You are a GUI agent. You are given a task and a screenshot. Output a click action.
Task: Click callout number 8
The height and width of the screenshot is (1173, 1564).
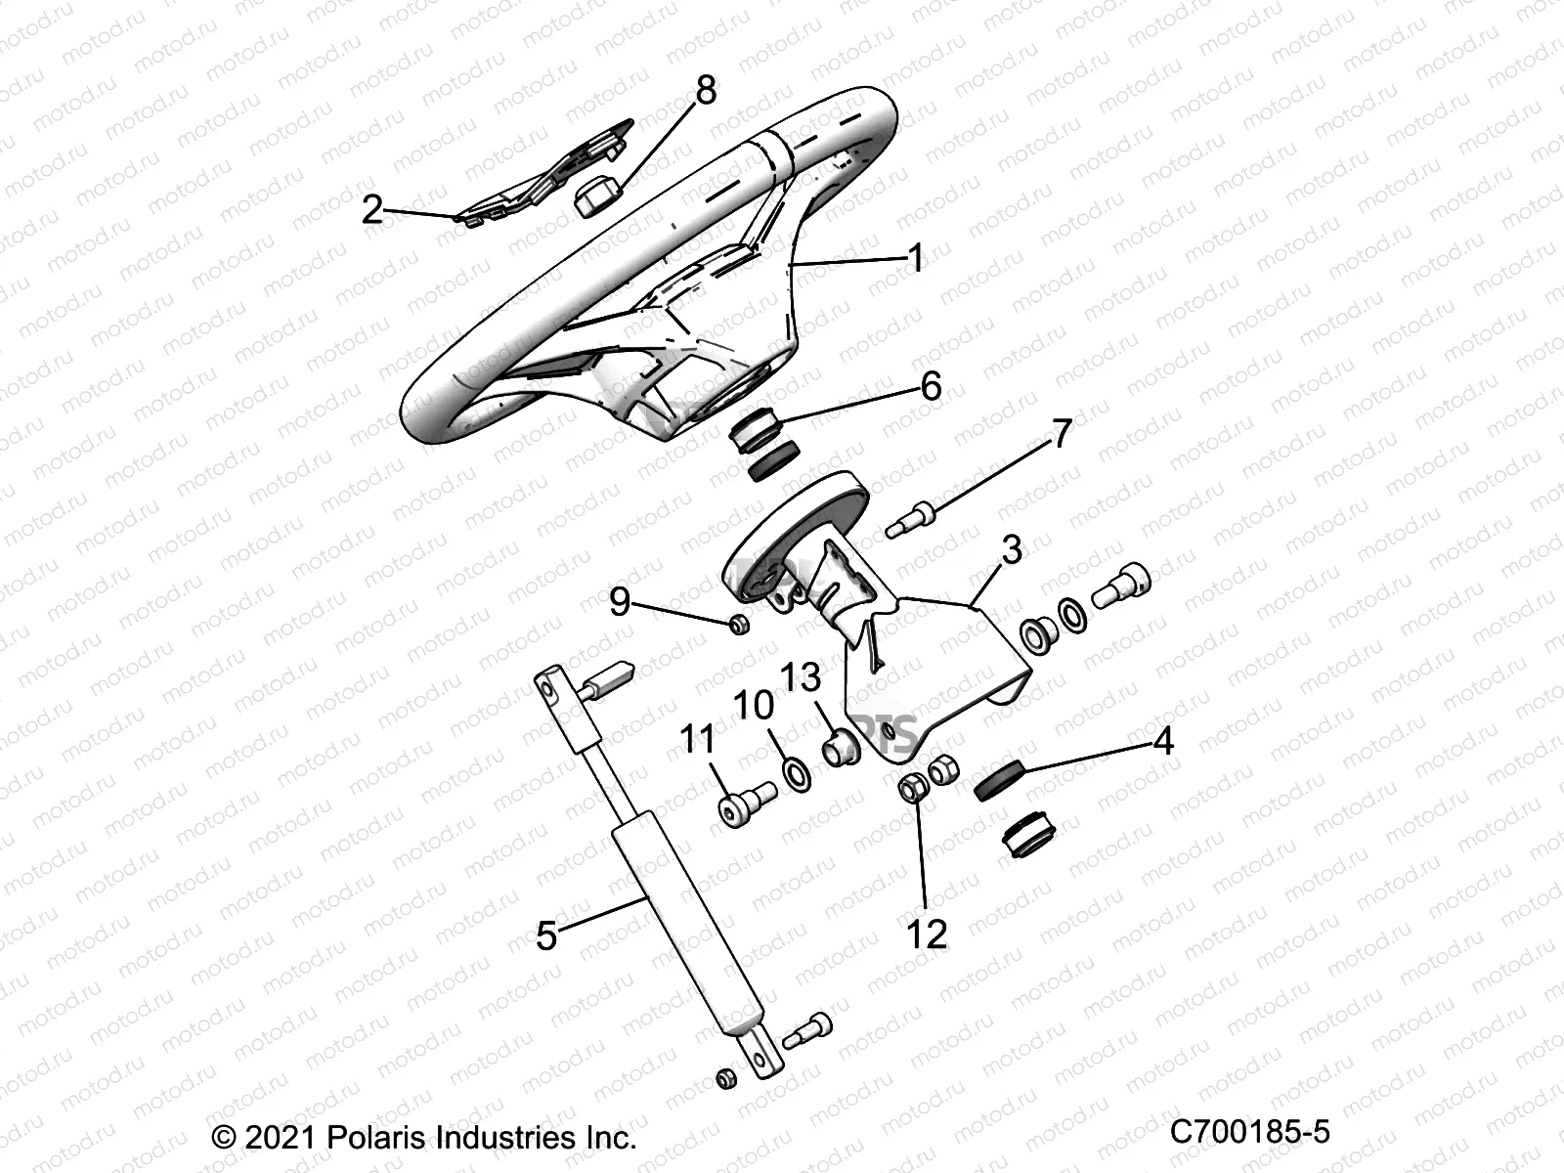click(x=705, y=90)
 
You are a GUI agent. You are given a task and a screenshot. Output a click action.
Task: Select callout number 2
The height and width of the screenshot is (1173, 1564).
click(x=372, y=208)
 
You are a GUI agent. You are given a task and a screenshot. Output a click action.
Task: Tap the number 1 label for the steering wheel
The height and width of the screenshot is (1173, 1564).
click(x=915, y=259)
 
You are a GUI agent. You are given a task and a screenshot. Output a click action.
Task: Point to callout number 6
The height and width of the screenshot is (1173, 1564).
click(x=931, y=386)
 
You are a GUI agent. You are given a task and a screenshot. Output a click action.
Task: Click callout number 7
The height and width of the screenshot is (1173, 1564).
click(x=1062, y=433)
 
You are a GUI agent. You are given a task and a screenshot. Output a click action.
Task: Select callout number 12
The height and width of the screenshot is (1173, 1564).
click(x=927, y=934)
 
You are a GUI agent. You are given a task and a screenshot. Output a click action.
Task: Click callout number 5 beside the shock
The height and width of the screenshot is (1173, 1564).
click(x=546, y=935)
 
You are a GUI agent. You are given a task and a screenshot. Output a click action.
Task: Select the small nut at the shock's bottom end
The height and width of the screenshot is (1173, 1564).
click(x=725, y=1079)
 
